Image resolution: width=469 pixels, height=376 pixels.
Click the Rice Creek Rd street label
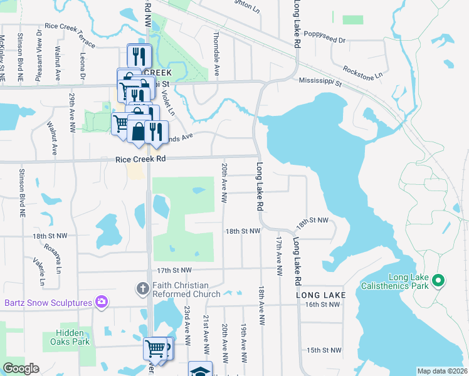point(140,160)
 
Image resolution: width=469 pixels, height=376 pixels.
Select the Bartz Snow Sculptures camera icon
point(102,303)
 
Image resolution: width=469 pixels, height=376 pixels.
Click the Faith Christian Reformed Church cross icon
point(142,288)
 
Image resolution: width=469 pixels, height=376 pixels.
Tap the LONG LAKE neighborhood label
point(322,295)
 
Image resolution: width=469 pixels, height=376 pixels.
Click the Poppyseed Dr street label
point(329,39)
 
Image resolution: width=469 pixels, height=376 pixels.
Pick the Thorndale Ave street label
point(216,54)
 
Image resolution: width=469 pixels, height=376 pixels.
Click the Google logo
point(21,368)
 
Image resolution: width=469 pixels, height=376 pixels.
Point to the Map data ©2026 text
point(442,371)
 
